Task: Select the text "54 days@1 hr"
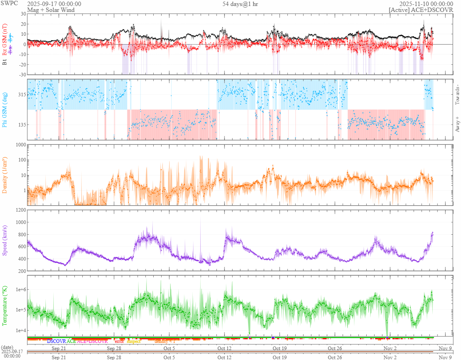coord(240,4)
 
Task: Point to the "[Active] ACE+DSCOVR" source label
coord(421,10)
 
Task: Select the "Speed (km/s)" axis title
coord(5,240)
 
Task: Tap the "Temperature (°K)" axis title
coord(5,306)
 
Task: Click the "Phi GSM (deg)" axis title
coord(5,109)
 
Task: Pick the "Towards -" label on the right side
coord(457,95)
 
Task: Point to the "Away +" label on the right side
coord(457,123)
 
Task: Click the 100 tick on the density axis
coord(20,160)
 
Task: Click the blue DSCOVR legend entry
coord(56,341)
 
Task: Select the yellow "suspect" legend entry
coord(134,341)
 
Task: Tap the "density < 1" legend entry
coord(165,341)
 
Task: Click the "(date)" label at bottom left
coord(8,347)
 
